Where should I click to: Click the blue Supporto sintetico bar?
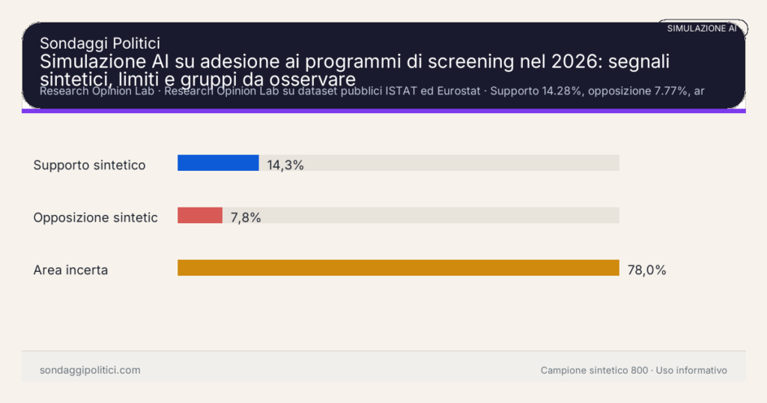coord(218,163)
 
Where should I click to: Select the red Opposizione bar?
coord(200,216)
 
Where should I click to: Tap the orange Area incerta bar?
coord(398,268)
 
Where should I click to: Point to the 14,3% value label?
coord(285,166)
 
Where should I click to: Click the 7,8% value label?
coord(246,218)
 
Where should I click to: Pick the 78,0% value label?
coord(646,270)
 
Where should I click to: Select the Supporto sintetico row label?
coord(89,165)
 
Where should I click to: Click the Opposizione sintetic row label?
coord(95,217)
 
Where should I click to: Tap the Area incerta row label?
coord(70,270)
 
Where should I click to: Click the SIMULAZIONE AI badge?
coord(702,28)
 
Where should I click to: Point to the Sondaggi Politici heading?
coord(100,43)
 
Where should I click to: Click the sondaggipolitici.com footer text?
coord(90,370)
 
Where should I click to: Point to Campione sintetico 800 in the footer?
coord(594,370)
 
